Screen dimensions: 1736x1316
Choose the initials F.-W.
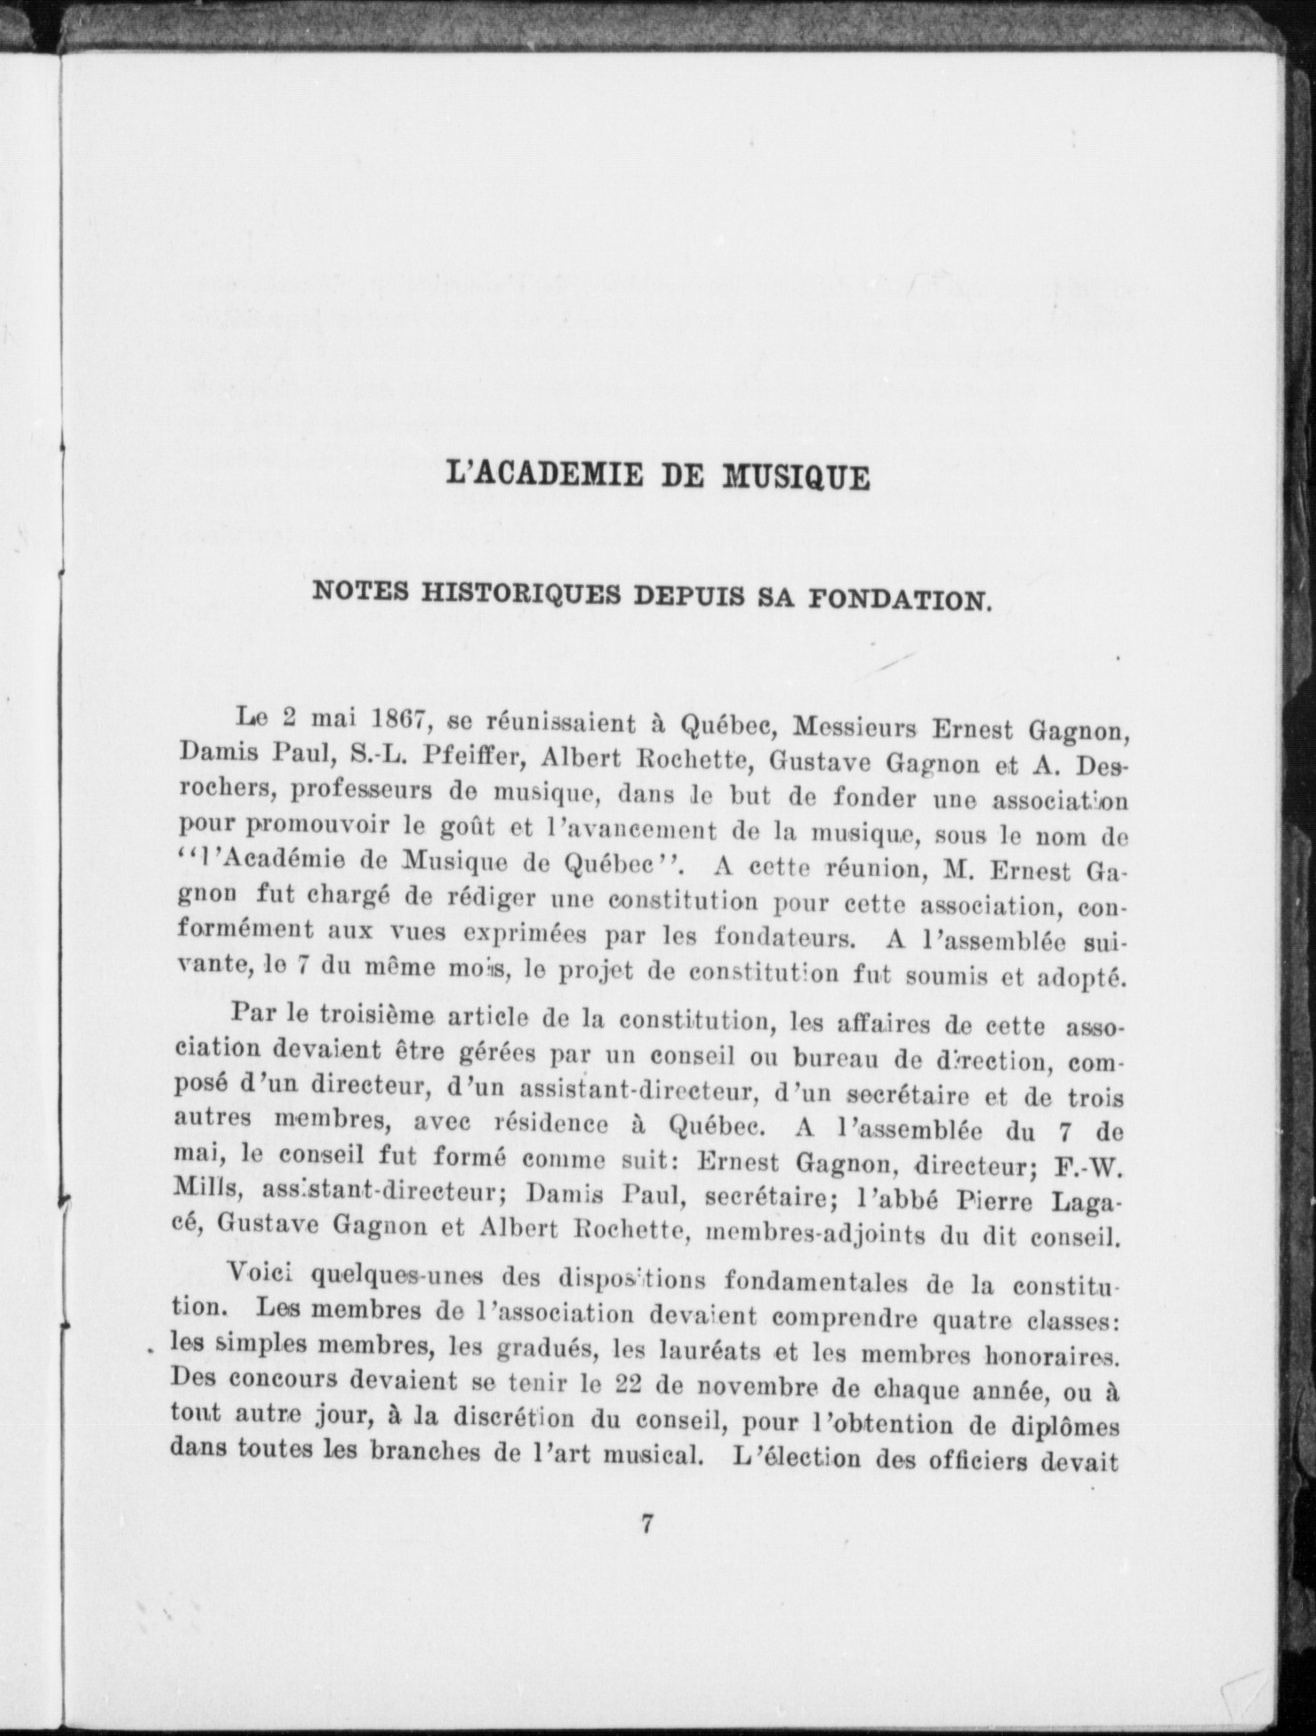pyautogui.click(x=1087, y=1165)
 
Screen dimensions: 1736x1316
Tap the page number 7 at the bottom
pyautogui.click(x=648, y=1548)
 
